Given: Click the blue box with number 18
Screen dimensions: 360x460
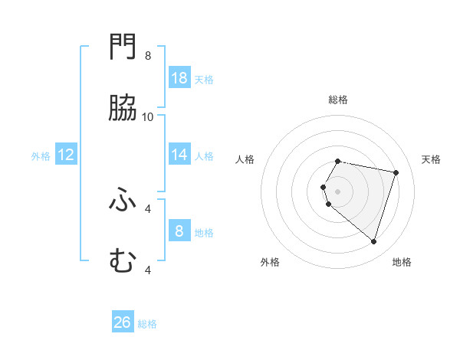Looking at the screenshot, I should coord(179,78).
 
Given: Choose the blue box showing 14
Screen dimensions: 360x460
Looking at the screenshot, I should coord(179,155).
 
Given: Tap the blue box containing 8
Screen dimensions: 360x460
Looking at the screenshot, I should coord(179,231).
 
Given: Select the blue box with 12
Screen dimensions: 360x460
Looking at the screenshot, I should coord(66,155).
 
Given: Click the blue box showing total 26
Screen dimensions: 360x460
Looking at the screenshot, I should coord(123,322).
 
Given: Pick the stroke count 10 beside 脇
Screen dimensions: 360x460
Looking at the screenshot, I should coord(148,116).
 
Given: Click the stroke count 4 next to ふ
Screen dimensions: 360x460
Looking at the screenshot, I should coord(148,208).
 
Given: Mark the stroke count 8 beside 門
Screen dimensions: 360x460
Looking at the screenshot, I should coord(148,55).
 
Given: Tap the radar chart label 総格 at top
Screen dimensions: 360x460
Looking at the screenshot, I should coord(338,100).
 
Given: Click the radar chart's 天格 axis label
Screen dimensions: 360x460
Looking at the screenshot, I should coord(432,159).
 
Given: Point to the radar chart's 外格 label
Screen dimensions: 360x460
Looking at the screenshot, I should coord(270,262).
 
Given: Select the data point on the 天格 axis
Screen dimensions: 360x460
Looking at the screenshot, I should coord(396,172).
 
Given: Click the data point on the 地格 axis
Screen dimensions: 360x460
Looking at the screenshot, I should coord(373,241).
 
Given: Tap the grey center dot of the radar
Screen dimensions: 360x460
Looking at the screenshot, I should coord(338,191).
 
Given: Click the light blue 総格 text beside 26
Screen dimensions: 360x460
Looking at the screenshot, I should coord(147,324).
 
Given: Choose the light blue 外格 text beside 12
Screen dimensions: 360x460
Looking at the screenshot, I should coord(41,156).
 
